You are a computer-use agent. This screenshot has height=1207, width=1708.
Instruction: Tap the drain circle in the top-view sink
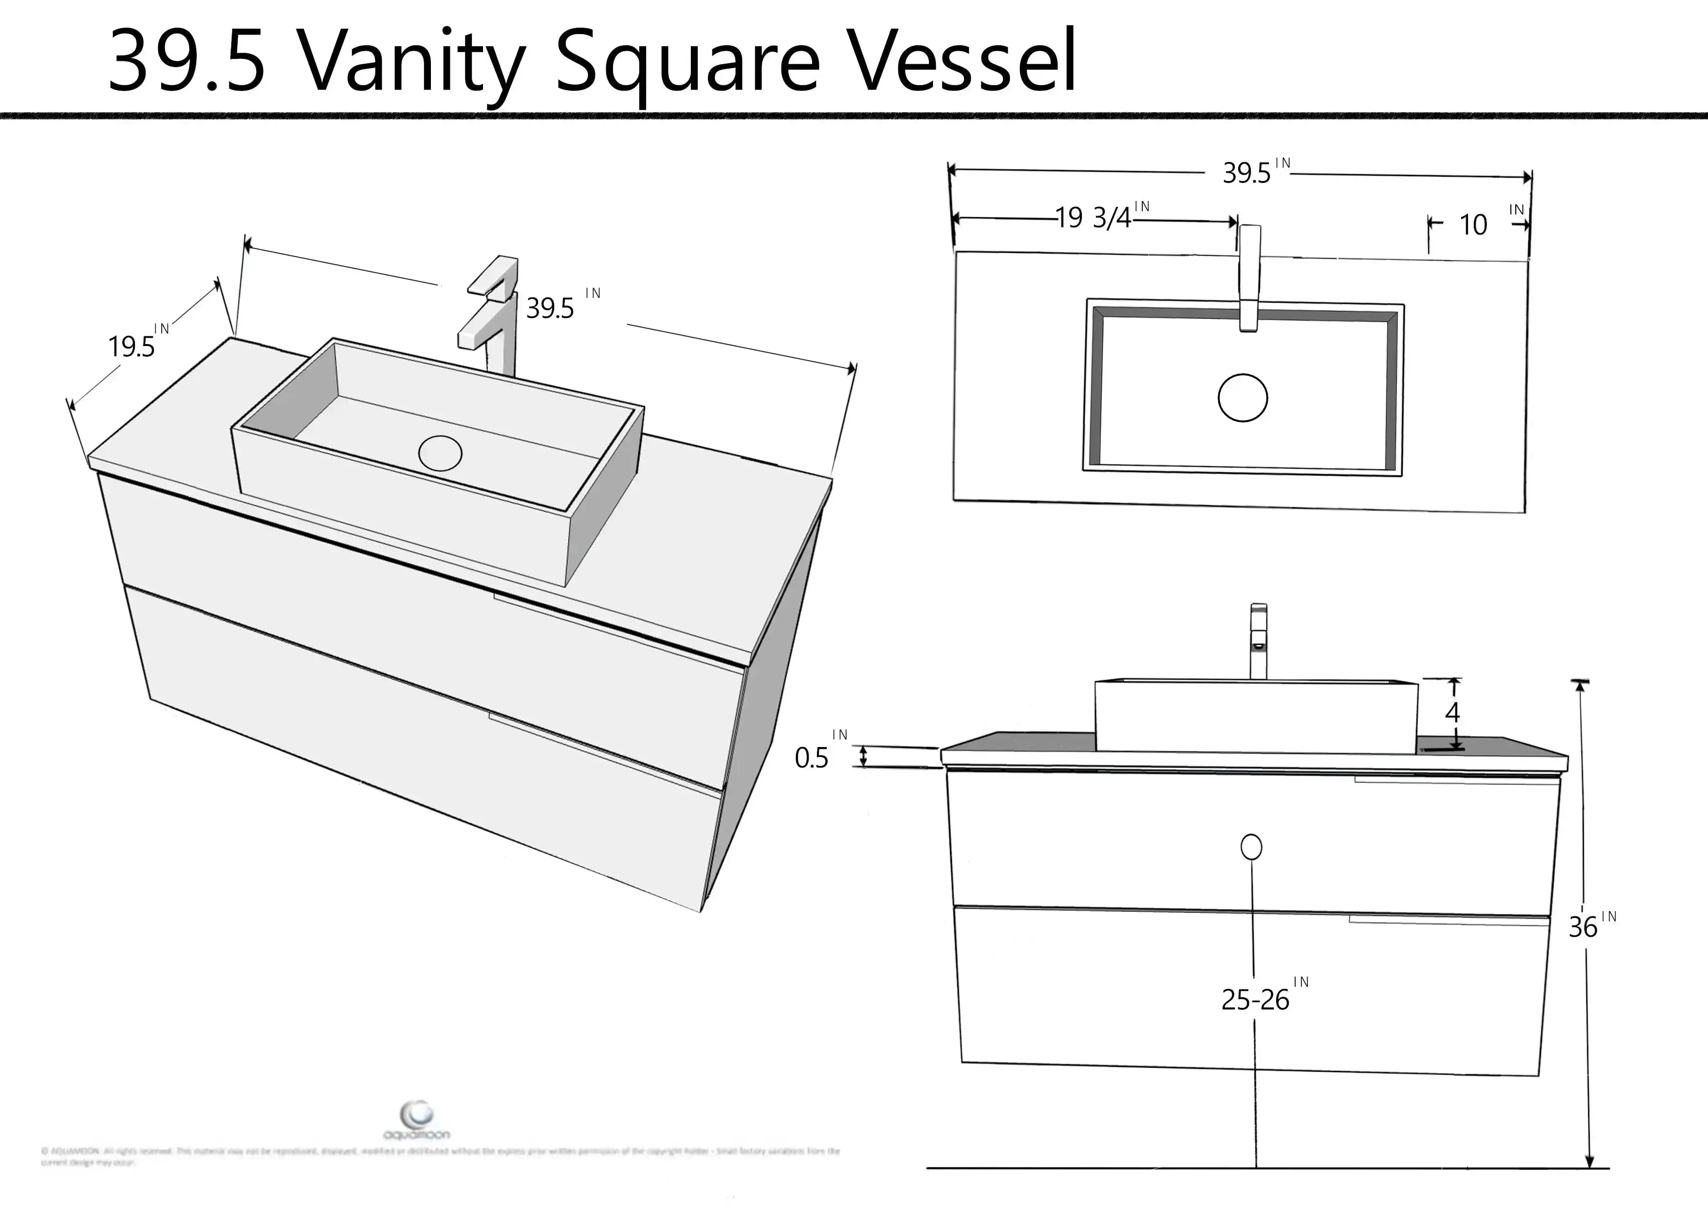pyautogui.click(x=1243, y=398)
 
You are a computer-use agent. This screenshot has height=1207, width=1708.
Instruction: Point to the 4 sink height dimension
pyautogui.click(x=1452, y=713)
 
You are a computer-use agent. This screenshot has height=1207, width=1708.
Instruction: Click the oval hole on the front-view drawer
pyautogui.click(x=1251, y=847)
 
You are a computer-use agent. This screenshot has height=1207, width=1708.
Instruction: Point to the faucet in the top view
pyautogui.click(x=1250, y=279)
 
